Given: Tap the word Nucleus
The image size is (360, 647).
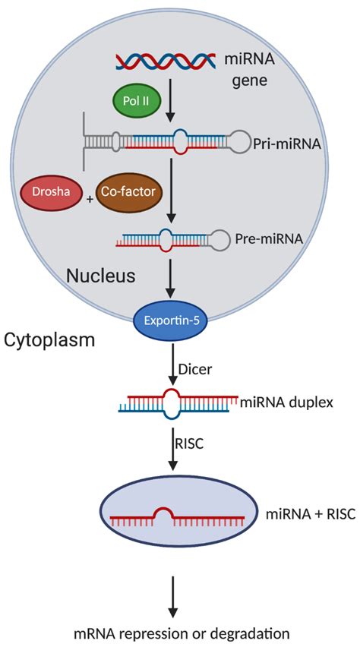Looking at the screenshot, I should [x=101, y=276].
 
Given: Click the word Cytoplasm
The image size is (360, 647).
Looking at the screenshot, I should [x=51, y=339].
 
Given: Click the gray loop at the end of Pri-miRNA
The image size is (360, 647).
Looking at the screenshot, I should [x=244, y=141].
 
